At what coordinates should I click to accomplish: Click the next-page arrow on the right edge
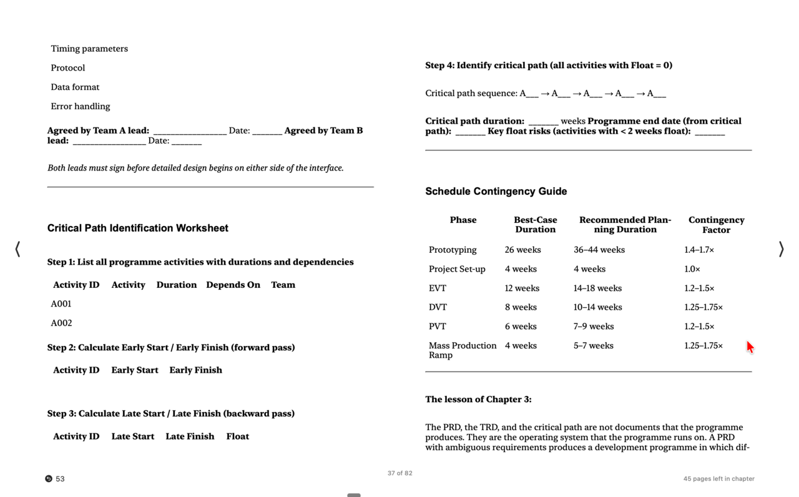pyautogui.click(x=781, y=249)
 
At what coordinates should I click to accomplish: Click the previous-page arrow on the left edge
pyautogui.click(x=17, y=249)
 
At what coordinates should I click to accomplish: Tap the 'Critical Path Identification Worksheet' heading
pyautogui.click(x=138, y=228)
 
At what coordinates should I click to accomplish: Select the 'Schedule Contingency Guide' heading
pyautogui.click(x=496, y=191)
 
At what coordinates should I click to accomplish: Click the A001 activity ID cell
pyautogui.click(x=61, y=303)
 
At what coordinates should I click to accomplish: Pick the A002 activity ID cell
pyautogui.click(x=61, y=323)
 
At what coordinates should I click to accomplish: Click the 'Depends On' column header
pyautogui.click(x=233, y=285)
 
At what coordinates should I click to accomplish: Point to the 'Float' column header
pyautogui.click(x=237, y=436)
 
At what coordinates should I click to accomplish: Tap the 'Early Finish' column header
pyautogui.click(x=195, y=370)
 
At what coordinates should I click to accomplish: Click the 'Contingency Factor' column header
pyautogui.click(x=716, y=225)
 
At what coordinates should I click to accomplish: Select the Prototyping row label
pyautogui.click(x=453, y=250)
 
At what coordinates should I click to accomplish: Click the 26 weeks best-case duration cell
pyautogui.click(x=522, y=250)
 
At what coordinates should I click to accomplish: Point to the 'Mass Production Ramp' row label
pyautogui.click(x=462, y=350)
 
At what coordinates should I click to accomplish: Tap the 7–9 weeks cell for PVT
pyautogui.click(x=593, y=326)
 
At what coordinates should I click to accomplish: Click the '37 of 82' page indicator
pyautogui.click(x=399, y=473)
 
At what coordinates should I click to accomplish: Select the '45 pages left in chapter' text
pyautogui.click(x=718, y=479)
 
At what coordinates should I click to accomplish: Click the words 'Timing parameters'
pyautogui.click(x=89, y=49)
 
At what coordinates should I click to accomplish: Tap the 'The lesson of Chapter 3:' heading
pyautogui.click(x=478, y=399)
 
